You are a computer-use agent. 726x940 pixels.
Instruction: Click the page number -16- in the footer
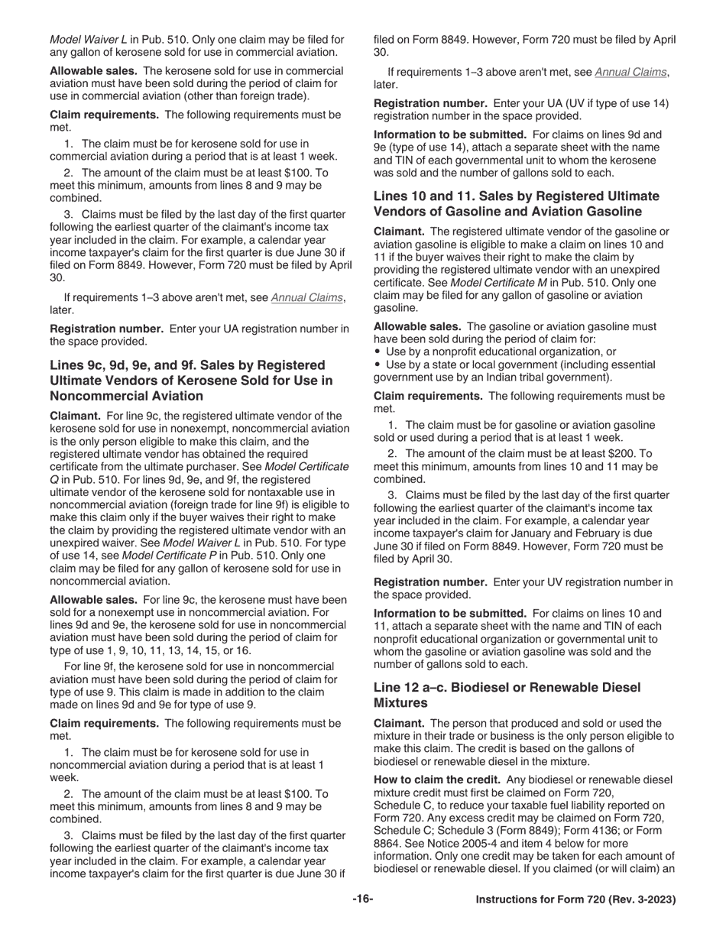click(x=362, y=899)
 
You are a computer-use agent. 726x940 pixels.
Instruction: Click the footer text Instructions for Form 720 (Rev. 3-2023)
click(x=575, y=900)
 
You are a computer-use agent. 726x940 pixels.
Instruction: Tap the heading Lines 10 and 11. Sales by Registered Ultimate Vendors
click(x=516, y=204)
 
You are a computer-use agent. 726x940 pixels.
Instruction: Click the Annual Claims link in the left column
click(x=306, y=297)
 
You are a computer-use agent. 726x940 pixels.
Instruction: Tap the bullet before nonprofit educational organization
click(x=378, y=352)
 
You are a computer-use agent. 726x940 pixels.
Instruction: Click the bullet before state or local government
click(x=378, y=365)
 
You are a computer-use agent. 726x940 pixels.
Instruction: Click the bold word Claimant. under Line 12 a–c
click(x=398, y=723)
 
